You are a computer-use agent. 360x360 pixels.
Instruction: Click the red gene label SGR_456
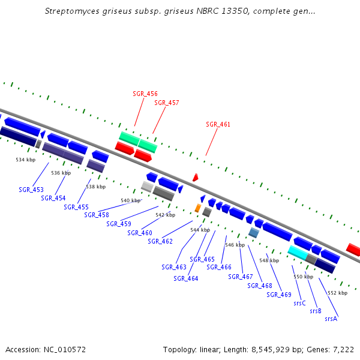point(145,94)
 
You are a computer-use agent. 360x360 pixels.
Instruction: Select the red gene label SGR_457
point(167,103)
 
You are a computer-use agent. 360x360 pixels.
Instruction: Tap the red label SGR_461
point(218,124)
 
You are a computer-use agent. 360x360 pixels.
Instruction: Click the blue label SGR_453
point(31,190)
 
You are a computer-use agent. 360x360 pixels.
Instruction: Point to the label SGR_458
point(97,215)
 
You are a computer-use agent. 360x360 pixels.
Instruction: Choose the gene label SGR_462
point(160,241)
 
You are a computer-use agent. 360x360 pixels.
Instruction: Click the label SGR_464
point(186,278)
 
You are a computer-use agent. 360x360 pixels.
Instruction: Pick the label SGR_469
point(279,295)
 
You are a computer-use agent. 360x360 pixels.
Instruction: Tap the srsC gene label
point(300,304)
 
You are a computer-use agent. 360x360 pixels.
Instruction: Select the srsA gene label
point(331,319)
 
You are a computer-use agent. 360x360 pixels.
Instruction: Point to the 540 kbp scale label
point(130,200)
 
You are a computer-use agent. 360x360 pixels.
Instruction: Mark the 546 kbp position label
point(235,245)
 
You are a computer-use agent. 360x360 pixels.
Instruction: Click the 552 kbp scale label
point(337,293)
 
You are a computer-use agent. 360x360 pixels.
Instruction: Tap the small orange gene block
point(197,208)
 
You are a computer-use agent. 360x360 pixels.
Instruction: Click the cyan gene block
point(298,253)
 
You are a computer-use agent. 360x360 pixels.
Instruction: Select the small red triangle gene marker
point(196,178)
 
